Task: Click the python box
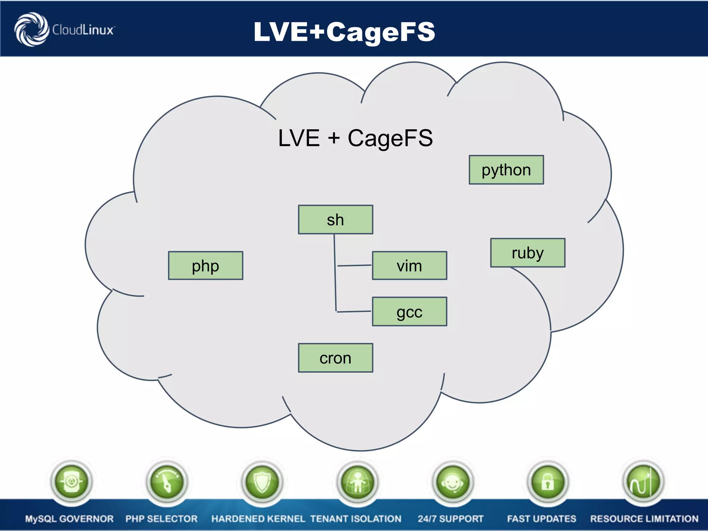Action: point(506,170)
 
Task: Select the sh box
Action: point(335,220)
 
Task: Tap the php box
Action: point(205,265)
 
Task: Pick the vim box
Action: point(409,265)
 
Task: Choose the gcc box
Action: point(409,311)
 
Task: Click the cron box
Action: point(335,358)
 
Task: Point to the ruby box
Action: point(528,253)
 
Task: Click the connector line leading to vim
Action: point(354,265)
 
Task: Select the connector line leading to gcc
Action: point(354,311)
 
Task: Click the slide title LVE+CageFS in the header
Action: point(344,31)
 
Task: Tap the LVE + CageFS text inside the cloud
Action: point(355,138)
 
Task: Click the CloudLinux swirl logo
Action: point(31,29)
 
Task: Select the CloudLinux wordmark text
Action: point(83,30)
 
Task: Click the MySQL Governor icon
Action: point(71,482)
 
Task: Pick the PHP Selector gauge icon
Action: point(167,482)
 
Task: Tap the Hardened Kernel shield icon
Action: point(262,482)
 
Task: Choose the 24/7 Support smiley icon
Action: point(452,482)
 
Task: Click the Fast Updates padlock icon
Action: point(548,482)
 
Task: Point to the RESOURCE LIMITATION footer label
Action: point(644,519)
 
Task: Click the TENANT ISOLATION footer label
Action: point(356,519)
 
